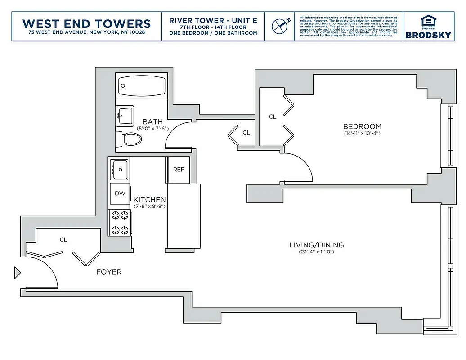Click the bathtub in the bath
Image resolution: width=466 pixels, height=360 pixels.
141,85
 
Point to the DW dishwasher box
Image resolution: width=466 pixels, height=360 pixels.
120,194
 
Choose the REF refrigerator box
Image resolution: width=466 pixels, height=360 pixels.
179,170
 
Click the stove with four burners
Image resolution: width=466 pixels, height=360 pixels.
120,223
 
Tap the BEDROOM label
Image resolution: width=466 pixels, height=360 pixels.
362,126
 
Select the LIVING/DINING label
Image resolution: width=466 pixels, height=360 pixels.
316,245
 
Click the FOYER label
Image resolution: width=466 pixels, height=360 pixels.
109,272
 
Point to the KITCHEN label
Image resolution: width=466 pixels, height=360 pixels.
150,199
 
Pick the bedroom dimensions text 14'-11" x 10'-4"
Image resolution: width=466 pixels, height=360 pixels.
362,133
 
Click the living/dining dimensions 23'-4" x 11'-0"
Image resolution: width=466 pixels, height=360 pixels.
316,252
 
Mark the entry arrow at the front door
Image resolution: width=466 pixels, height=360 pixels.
18,272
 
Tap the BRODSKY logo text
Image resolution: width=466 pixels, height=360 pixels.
428,35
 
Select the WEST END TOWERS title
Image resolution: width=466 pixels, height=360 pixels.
86,23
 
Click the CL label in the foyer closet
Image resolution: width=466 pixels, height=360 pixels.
63,240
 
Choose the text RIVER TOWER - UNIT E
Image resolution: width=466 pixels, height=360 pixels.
213,20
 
